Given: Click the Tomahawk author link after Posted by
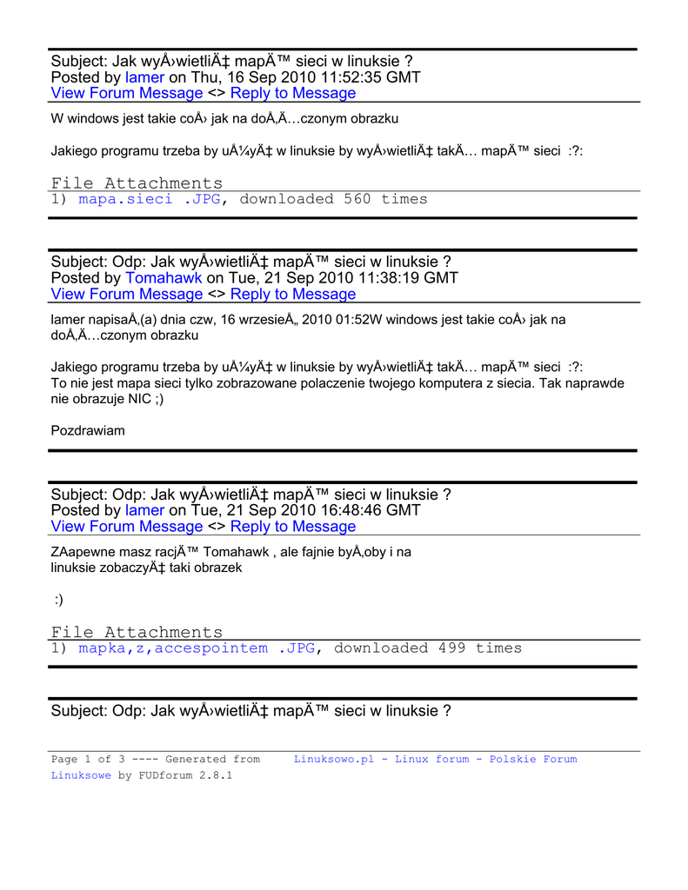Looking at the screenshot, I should click(164, 278).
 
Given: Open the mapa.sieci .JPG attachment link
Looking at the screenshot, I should click(150, 199).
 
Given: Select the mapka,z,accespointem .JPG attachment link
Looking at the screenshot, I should click(197, 648).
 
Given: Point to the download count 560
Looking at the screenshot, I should click(357, 199).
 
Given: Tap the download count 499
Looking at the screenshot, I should click(451, 648).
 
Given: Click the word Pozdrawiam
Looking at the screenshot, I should click(88, 430).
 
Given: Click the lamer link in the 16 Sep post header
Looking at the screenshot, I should click(144, 77).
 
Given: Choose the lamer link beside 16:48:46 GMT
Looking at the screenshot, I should click(144, 510).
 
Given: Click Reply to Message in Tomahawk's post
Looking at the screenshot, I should click(293, 294).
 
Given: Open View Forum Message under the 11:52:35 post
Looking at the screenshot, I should click(127, 93).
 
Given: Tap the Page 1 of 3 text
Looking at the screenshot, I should click(82, 760).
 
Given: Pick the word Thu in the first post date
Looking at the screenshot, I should click(206, 77).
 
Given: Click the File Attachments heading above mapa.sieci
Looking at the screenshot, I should click(137, 183).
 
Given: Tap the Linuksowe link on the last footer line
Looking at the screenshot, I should click(81, 775).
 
